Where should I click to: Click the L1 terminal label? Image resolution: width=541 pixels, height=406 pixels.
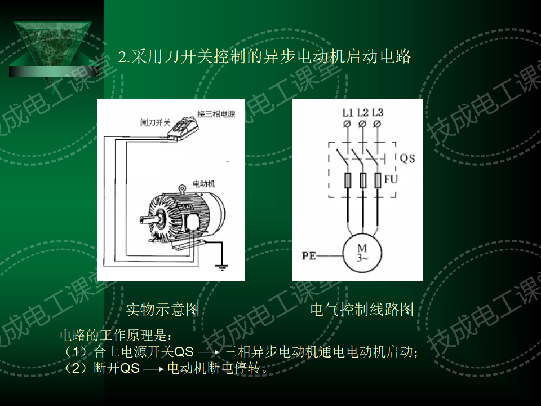pos(348,112)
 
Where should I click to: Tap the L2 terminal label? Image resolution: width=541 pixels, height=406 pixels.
pos(362,112)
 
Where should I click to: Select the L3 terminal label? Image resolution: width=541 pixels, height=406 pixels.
pos(378,112)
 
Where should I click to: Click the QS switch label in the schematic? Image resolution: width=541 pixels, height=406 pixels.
pos(407,158)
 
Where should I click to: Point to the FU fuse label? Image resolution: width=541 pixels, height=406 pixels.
pos(391,180)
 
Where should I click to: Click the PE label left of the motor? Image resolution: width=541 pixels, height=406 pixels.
pos(309,255)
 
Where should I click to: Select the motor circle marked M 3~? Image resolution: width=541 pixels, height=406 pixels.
pos(362,253)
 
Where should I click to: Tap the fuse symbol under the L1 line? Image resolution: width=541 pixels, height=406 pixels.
pos(348,180)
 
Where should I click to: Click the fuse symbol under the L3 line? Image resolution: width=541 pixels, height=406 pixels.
pos(378,180)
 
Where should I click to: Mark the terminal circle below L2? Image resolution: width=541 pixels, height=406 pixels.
pos(362,123)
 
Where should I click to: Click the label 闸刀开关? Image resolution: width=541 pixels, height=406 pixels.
pos(156,121)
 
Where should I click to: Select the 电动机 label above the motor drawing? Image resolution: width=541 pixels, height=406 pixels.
pos(203,183)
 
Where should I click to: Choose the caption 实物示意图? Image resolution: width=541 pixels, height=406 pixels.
pos(162,309)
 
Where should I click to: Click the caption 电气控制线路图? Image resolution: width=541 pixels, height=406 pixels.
pos(362,309)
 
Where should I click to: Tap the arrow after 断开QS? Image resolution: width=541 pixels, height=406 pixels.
pos(153,370)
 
